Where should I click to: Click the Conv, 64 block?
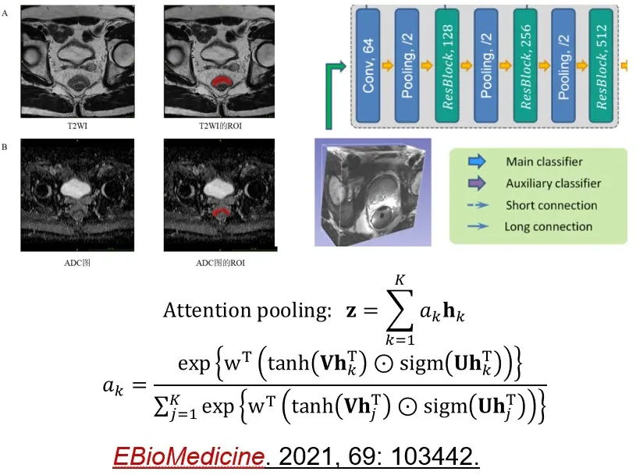pos(368,66)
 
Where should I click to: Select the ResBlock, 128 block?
pos(447,66)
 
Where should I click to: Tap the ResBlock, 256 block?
pos(525,66)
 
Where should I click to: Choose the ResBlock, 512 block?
pos(601,66)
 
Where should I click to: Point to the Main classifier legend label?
pos(544,161)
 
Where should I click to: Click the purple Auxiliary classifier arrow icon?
pos(477,183)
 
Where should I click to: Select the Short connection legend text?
pos(551,205)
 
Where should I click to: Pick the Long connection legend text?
pos(549,226)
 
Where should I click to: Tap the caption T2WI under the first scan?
pos(77,126)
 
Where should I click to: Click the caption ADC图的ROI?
pos(220,263)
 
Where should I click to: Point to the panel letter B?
pos(5,147)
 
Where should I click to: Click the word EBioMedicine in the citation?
pos(189,456)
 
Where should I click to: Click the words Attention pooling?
pos(247,311)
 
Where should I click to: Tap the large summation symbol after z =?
pos(400,310)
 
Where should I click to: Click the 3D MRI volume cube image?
pos(373,193)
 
